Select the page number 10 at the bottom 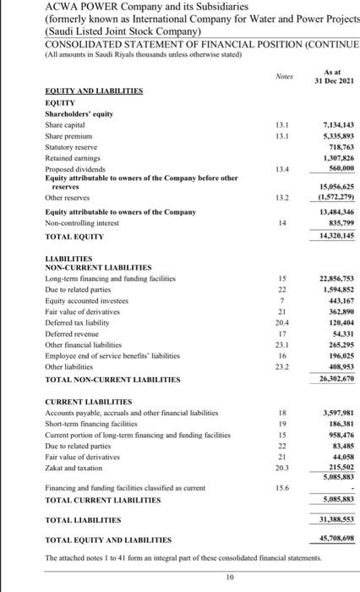coord(180,578)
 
